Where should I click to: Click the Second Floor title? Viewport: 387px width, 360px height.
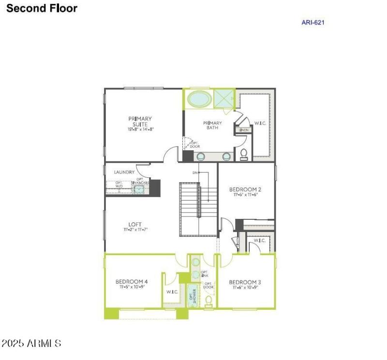42,8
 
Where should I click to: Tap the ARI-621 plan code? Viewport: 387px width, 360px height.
313,22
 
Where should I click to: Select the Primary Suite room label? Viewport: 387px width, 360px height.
140,121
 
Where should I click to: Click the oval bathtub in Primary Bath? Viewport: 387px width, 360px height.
199,99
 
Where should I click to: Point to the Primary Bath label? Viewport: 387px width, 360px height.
212,125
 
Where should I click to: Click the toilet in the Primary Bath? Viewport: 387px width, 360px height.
244,155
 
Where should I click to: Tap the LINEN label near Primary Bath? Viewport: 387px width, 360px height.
244,130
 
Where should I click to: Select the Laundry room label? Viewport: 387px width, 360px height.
124,172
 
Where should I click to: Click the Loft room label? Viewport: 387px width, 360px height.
135,224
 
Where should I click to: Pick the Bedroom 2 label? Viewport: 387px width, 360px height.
245,189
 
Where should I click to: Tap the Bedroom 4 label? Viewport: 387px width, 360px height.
132,282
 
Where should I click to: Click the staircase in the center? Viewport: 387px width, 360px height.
198,209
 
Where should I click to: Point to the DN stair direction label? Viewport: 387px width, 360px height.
195,173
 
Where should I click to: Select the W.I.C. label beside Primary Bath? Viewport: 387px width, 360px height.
260,124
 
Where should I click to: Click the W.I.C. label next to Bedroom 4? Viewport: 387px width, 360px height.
173,292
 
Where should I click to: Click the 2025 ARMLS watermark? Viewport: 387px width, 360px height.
31,344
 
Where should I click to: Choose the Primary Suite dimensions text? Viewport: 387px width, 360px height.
140,130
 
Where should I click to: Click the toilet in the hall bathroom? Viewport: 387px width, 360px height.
209,301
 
